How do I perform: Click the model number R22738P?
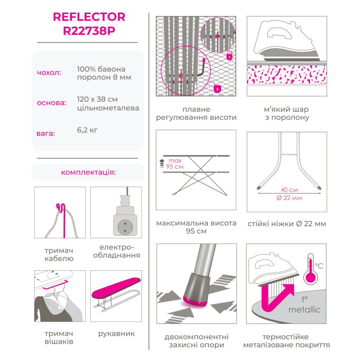(x=89, y=31)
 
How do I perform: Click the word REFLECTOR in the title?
(x=89, y=17)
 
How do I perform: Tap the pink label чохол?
(x=49, y=73)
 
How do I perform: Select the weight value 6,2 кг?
(x=87, y=130)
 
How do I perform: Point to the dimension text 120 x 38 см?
(x=97, y=99)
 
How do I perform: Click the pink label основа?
(x=51, y=103)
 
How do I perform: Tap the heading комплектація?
(x=88, y=172)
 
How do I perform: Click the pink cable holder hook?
(x=62, y=219)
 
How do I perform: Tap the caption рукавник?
(x=116, y=334)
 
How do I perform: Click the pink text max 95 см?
(x=175, y=164)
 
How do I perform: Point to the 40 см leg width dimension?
(x=290, y=190)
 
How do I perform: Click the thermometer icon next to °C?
(x=311, y=269)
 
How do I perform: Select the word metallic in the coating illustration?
(x=304, y=310)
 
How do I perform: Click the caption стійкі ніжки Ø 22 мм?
(x=287, y=224)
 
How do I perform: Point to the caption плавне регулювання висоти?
(x=196, y=114)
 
